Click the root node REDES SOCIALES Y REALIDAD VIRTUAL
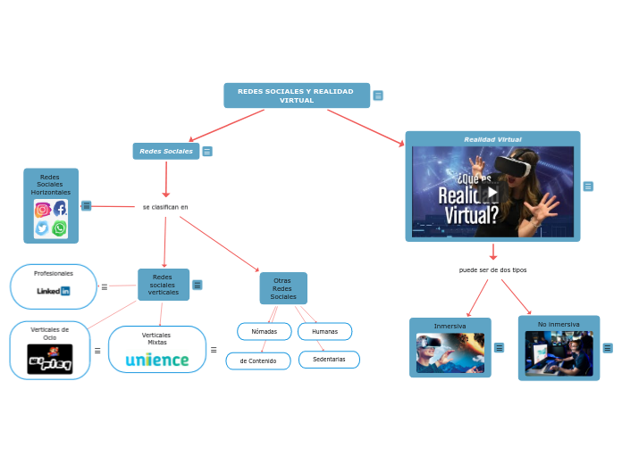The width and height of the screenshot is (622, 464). point(296,95)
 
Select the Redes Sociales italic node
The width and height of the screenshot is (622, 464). point(166,152)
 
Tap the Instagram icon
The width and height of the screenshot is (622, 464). point(42,209)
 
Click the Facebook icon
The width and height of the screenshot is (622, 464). point(60,209)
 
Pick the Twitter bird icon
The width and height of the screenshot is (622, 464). point(42,228)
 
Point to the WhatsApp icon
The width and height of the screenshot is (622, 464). point(60,228)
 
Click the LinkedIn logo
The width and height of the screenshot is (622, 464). point(54,291)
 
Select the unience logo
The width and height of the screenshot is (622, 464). point(157,360)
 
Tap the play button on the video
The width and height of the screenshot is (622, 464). point(492,192)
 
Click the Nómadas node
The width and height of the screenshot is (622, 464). point(265,331)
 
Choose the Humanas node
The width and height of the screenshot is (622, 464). point(324,331)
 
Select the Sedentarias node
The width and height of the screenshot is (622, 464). point(329,360)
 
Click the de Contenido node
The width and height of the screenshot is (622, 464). point(258,360)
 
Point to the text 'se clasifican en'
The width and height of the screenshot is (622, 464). point(165,207)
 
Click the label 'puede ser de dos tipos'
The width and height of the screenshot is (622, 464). point(492,269)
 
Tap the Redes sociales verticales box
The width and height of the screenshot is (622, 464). point(164,285)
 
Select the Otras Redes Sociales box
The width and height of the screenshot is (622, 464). point(283,288)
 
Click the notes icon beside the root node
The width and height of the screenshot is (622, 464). point(378,95)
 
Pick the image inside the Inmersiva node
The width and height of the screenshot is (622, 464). point(450,352)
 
